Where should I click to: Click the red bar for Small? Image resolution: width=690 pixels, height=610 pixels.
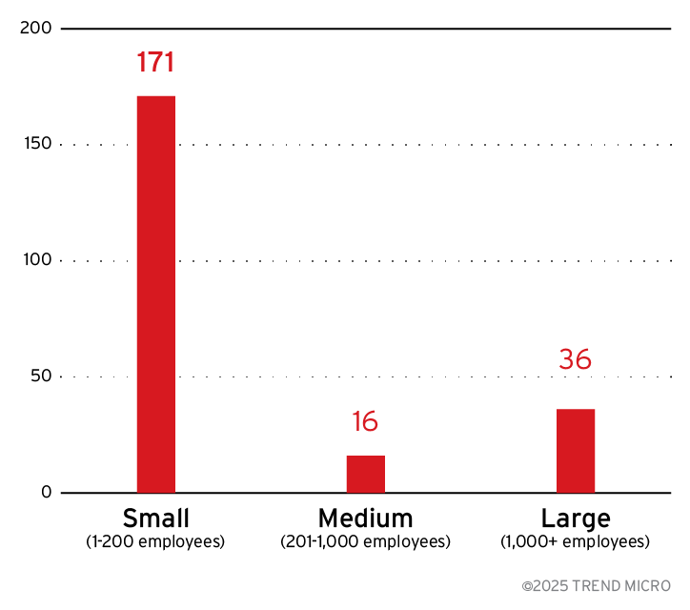pos(156,294)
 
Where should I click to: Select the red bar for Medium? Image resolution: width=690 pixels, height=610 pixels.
pos(366,474)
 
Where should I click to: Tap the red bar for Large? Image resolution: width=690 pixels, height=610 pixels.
pos(576,451)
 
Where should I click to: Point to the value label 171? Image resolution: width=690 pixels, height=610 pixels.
pos(155,63)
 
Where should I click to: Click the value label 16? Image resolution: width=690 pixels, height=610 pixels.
pos(365,422)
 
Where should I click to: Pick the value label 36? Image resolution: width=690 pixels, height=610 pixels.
pos(575,359)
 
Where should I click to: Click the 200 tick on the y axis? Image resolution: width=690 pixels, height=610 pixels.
pos(35,29)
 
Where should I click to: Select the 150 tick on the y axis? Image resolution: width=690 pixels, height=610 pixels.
pos(36,145)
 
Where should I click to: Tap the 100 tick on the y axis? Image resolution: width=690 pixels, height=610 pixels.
pos(36,260)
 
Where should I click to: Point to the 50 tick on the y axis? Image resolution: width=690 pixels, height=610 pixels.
pos(40,376)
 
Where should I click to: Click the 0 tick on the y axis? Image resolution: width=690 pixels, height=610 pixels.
pos(46,493)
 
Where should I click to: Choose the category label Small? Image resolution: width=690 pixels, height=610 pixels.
pos(156,518)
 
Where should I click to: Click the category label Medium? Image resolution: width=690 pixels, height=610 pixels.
pos(366,518)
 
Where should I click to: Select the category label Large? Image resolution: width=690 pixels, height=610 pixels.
pos(576,518)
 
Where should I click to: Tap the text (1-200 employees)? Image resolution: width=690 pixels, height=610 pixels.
pos(156,542)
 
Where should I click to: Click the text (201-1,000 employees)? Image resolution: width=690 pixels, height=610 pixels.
pos(366,542)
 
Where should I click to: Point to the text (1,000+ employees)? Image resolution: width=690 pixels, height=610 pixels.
pos(576,542)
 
